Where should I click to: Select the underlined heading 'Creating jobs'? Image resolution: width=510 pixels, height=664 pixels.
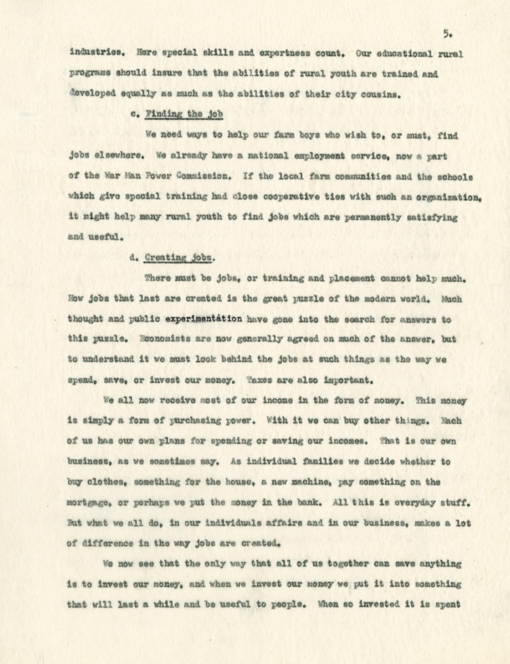pyautogui.click(x=178, y=258)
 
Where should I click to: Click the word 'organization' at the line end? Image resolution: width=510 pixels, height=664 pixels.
pyautogui.click(x=448, y=197)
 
